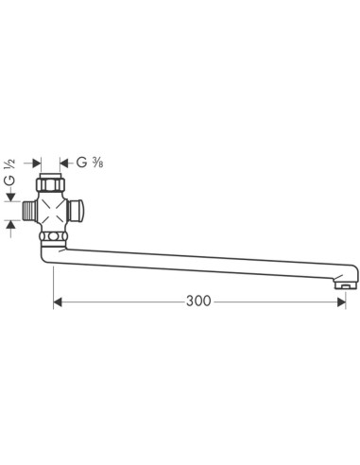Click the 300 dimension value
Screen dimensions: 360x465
pos(198,301)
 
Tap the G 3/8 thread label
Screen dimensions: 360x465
pos(90,163)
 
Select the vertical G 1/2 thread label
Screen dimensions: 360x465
pos(9,172)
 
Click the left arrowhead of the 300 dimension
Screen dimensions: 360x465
pos(58,302)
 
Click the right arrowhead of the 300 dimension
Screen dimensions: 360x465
pos(341,302)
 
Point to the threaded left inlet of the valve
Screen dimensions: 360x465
pos(30,211)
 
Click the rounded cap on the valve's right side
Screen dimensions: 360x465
pos(77,211)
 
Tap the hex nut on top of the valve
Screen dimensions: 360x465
pos(50,184)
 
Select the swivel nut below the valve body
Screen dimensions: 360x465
pos(53,236)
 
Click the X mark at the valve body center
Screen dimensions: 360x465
pos(52,211)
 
